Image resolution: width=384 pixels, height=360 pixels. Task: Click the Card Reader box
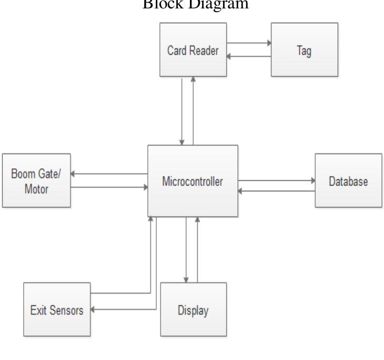(x=193, y=51)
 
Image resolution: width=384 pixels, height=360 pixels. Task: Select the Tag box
(x=304, y=51)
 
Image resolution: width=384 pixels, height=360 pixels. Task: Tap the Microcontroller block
(x=193, y=181)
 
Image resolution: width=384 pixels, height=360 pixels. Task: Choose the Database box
(x=348, y=181)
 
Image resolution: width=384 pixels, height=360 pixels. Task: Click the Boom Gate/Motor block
(x=36, y=181)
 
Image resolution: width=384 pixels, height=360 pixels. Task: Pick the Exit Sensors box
(x=57, y=310)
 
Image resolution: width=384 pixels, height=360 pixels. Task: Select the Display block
(x=193, y=310)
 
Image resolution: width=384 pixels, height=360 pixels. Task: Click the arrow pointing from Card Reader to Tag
(x=249, y=43)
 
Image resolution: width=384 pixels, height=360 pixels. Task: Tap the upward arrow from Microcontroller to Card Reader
(x=194, y=110)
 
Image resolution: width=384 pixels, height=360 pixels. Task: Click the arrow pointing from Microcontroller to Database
(x=276, y=180)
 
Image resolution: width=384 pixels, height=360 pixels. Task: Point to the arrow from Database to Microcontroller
(x=276, y=191)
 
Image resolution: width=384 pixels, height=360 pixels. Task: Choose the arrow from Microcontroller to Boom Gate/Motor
(x=109, y=174)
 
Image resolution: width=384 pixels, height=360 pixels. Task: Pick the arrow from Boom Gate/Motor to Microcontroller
(x=109, y=187)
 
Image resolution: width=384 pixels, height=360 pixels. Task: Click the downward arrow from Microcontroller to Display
(x=186, y=250)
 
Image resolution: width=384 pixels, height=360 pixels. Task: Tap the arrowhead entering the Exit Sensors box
(x=94, y=310)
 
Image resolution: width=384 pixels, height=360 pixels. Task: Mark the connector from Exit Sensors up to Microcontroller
(x=150, y=252)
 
